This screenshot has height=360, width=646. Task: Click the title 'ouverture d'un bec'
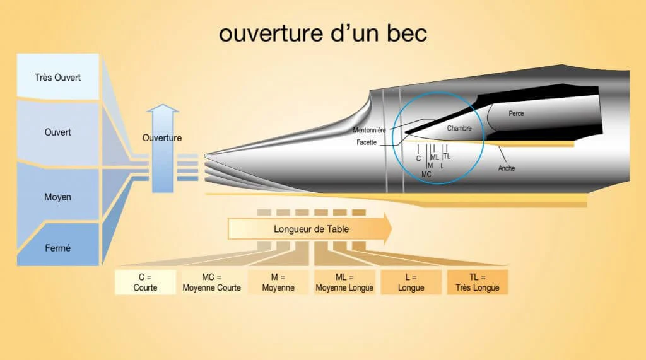[x=322, y=33]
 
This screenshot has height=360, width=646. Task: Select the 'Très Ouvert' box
[x=57, y=77]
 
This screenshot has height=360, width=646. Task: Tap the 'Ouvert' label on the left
[x=57, y=132]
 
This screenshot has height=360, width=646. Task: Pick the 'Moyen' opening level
[x=57, y=197]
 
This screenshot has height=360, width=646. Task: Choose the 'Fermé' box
[x=57, y=248]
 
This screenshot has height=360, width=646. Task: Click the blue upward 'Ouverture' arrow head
[x=163, y=108]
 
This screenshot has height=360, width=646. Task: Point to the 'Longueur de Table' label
[x=311, y=229]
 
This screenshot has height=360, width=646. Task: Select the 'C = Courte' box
[x=145, y=282]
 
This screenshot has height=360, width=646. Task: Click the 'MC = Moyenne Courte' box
[x=211, y=282]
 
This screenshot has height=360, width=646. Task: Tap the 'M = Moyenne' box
[x=278, y=282]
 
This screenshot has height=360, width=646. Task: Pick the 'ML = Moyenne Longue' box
[x=344, y=282]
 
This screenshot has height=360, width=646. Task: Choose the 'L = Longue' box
[x=411, y=282]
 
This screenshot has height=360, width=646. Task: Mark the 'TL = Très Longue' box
[x=478, y=282]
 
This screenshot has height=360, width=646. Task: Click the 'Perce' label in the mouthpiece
[x=516, y=113]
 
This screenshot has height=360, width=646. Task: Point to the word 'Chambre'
[x=459, y=128]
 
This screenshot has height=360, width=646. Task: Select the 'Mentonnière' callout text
[x=369, y=130]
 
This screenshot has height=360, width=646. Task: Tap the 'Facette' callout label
[x=367, y=142]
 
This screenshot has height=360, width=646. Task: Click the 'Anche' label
[x=507, y=168]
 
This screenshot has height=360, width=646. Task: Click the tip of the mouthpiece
[x=206, y=155]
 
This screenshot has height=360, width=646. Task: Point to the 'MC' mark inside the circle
[x=426, y=174]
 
